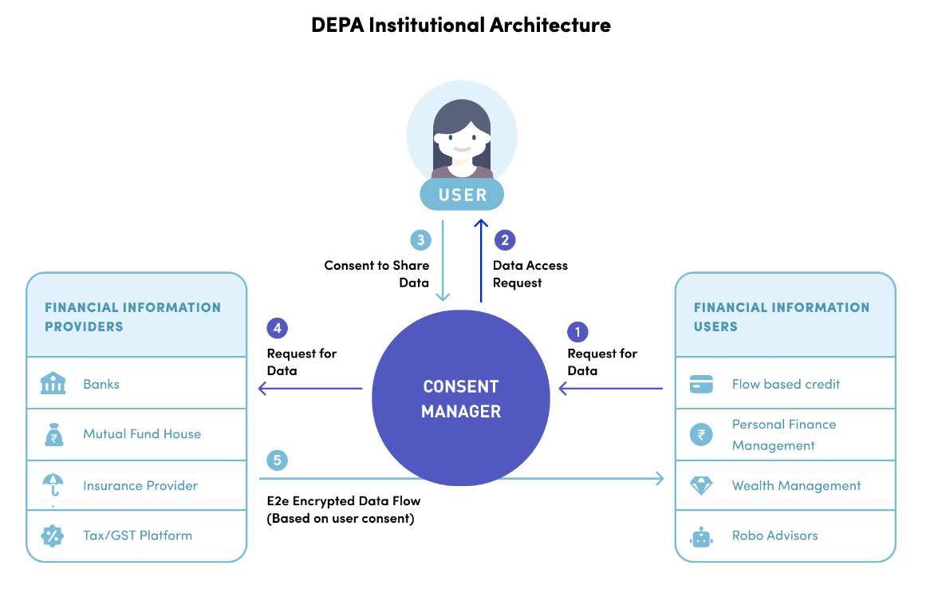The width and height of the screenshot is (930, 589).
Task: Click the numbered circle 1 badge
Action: tap(577, 332)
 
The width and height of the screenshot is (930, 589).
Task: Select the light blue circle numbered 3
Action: tap(420, 240)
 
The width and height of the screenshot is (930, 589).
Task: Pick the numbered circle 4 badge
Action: tap(277, 328)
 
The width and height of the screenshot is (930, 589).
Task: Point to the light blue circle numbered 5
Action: tap(277, 460)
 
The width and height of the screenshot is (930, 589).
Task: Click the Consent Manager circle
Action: tap(461, 398)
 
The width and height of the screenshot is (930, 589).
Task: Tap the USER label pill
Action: tap(463, 195)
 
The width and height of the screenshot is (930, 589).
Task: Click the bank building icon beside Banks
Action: tap(53, 384)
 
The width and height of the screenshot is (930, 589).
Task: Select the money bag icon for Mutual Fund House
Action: tap(53, 435)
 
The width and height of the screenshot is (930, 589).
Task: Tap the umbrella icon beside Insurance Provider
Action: tap(53, 484)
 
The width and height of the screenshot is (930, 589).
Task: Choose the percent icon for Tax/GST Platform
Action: tap(53, 536)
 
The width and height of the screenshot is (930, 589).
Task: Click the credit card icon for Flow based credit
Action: tap(701, 384)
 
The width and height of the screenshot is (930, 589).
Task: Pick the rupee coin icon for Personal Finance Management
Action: tap(701, 435)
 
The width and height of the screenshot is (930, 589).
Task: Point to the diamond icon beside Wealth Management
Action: tap(701, 485)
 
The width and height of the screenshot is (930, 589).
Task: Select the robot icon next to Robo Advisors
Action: tap(701, 536)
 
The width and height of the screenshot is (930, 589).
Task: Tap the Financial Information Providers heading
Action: tap(132, 317)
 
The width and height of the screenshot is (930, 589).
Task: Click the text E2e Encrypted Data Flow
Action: tap(344, 501)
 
